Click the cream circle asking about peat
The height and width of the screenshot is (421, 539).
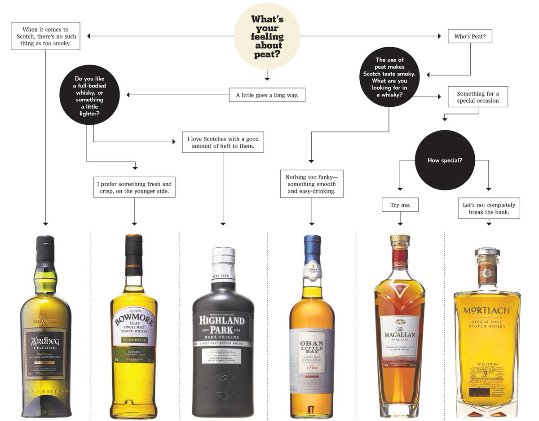267,36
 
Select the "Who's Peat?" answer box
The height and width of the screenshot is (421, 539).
470,36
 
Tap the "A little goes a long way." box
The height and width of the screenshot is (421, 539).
267,95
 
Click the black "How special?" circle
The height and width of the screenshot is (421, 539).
445,160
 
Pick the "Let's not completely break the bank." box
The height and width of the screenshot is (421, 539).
489,208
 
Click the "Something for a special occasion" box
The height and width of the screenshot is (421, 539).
478,97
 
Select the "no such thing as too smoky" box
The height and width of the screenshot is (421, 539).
45,36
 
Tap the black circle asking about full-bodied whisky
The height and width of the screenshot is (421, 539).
89,95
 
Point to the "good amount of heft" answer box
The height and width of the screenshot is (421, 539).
223,142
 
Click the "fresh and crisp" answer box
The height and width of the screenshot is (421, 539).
134,188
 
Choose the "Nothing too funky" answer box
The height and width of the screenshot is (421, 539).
311,184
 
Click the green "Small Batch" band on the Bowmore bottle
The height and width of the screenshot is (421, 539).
134,340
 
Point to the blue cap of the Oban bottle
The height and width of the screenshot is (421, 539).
312,246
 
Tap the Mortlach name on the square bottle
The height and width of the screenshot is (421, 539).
487,310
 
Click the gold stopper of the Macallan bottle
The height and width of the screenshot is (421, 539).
400,238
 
